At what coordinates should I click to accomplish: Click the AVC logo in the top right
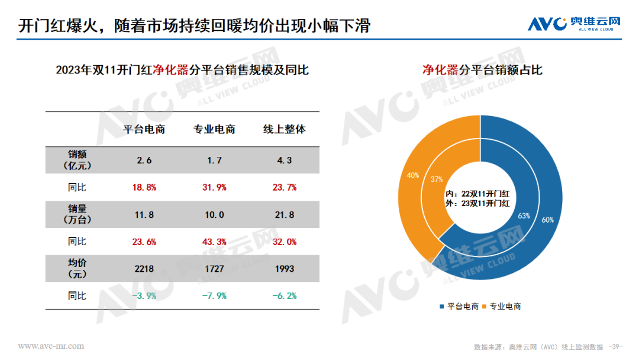point(574,24)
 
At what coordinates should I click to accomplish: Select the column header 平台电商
point(144,129)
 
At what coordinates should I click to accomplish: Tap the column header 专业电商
point(214,129)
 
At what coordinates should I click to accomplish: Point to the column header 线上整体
point(285,129)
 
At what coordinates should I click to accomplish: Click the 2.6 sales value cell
point(144,160)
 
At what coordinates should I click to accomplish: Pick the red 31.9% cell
point(214,187)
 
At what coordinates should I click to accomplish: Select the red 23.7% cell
point(285,187)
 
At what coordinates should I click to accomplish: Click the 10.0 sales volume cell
point(214,215)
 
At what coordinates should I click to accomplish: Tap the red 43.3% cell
point(214,242)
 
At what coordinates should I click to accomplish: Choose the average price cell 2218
point(144,269)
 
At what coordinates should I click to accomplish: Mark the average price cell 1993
point(285,269)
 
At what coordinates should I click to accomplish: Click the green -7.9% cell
point(214,295)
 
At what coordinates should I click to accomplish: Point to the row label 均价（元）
point(77,269)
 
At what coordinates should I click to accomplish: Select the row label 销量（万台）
point(77,214)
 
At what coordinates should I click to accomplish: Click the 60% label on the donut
point(547,220)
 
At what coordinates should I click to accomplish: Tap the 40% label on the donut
point(412,175)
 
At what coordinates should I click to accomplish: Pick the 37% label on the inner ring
point(437,179)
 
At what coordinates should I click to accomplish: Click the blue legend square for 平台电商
point(442,306)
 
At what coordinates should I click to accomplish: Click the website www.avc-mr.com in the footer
point(51,345)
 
